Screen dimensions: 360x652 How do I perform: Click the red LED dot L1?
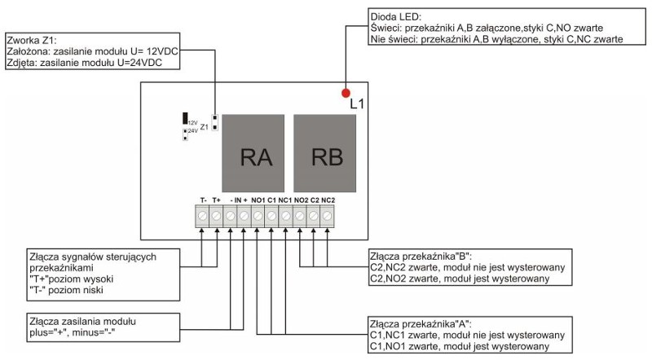346,93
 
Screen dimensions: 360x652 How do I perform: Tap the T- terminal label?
202,200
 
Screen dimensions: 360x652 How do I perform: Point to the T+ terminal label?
217,200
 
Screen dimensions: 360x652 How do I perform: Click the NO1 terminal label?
258,200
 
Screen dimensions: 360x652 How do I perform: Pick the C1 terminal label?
271,200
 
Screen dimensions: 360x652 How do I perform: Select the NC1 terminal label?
285,200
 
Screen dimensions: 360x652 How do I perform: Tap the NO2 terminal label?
300,200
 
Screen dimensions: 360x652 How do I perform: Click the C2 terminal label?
314,200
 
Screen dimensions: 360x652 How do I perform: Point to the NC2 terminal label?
328,200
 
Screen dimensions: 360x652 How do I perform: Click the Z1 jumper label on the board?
205,127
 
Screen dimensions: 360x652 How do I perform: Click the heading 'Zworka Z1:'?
32,39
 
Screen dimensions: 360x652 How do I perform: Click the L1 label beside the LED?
355,104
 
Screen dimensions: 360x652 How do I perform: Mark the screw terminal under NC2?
328,216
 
